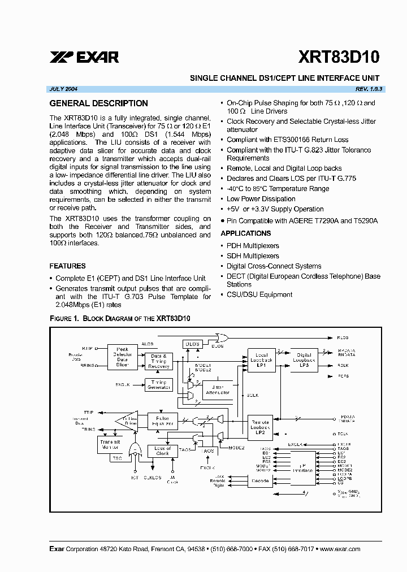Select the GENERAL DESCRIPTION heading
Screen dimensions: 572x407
pyautogui.click(x=99, y=103)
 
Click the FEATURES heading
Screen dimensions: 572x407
pyautogui.click(x=68, y=266)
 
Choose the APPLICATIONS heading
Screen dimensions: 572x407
pyautogui.click(x=245, y=233)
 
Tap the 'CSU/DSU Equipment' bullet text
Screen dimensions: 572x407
pyautogui.click(x=259, y=294)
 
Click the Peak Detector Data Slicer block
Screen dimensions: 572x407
pyautogui.click(x=123, y=357)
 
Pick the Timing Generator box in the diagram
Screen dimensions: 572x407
pyautogui.click(x=159, y=384)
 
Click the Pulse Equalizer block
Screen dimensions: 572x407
pyautogui.click(x=162, y=421)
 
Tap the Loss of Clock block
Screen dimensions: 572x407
pyautogui.click(x=162, y=450)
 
